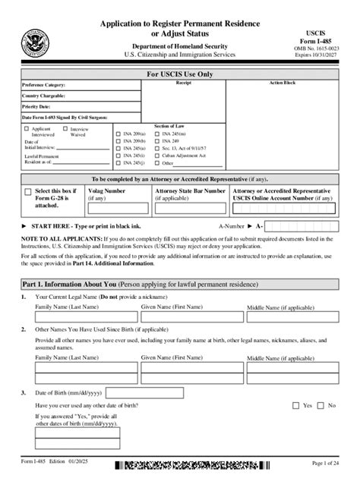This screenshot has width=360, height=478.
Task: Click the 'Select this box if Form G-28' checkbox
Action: click(x=29, y=193)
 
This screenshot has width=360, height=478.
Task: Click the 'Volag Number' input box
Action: click(x=118, y=210)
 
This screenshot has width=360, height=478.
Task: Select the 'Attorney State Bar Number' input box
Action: click(x=189, y=210)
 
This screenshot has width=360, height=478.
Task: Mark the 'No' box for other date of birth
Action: click(x=322, y=406)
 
